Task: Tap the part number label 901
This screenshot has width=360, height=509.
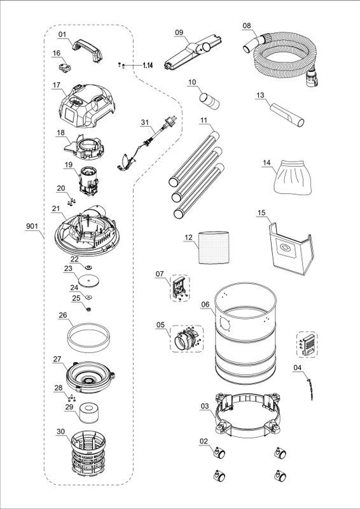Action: tap(32, 227)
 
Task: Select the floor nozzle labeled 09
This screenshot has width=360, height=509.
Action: tap(193, 52)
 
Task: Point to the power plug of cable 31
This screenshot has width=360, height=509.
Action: tap(170, 121)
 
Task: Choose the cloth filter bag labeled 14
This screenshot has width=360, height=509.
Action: tap(293, 177)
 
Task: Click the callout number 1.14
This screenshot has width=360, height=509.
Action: tap(147, 66)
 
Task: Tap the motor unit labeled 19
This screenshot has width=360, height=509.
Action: tap(88, 181)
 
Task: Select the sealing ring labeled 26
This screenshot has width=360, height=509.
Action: tap(88, 338)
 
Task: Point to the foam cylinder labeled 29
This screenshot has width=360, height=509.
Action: tap(88, 413)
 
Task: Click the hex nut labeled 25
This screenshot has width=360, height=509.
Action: tap(88, 309)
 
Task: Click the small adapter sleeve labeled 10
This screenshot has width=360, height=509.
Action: tap(209, 101)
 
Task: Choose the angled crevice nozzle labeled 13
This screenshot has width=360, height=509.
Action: tap(287, 115)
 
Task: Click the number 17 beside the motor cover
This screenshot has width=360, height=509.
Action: tap(57, 85)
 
